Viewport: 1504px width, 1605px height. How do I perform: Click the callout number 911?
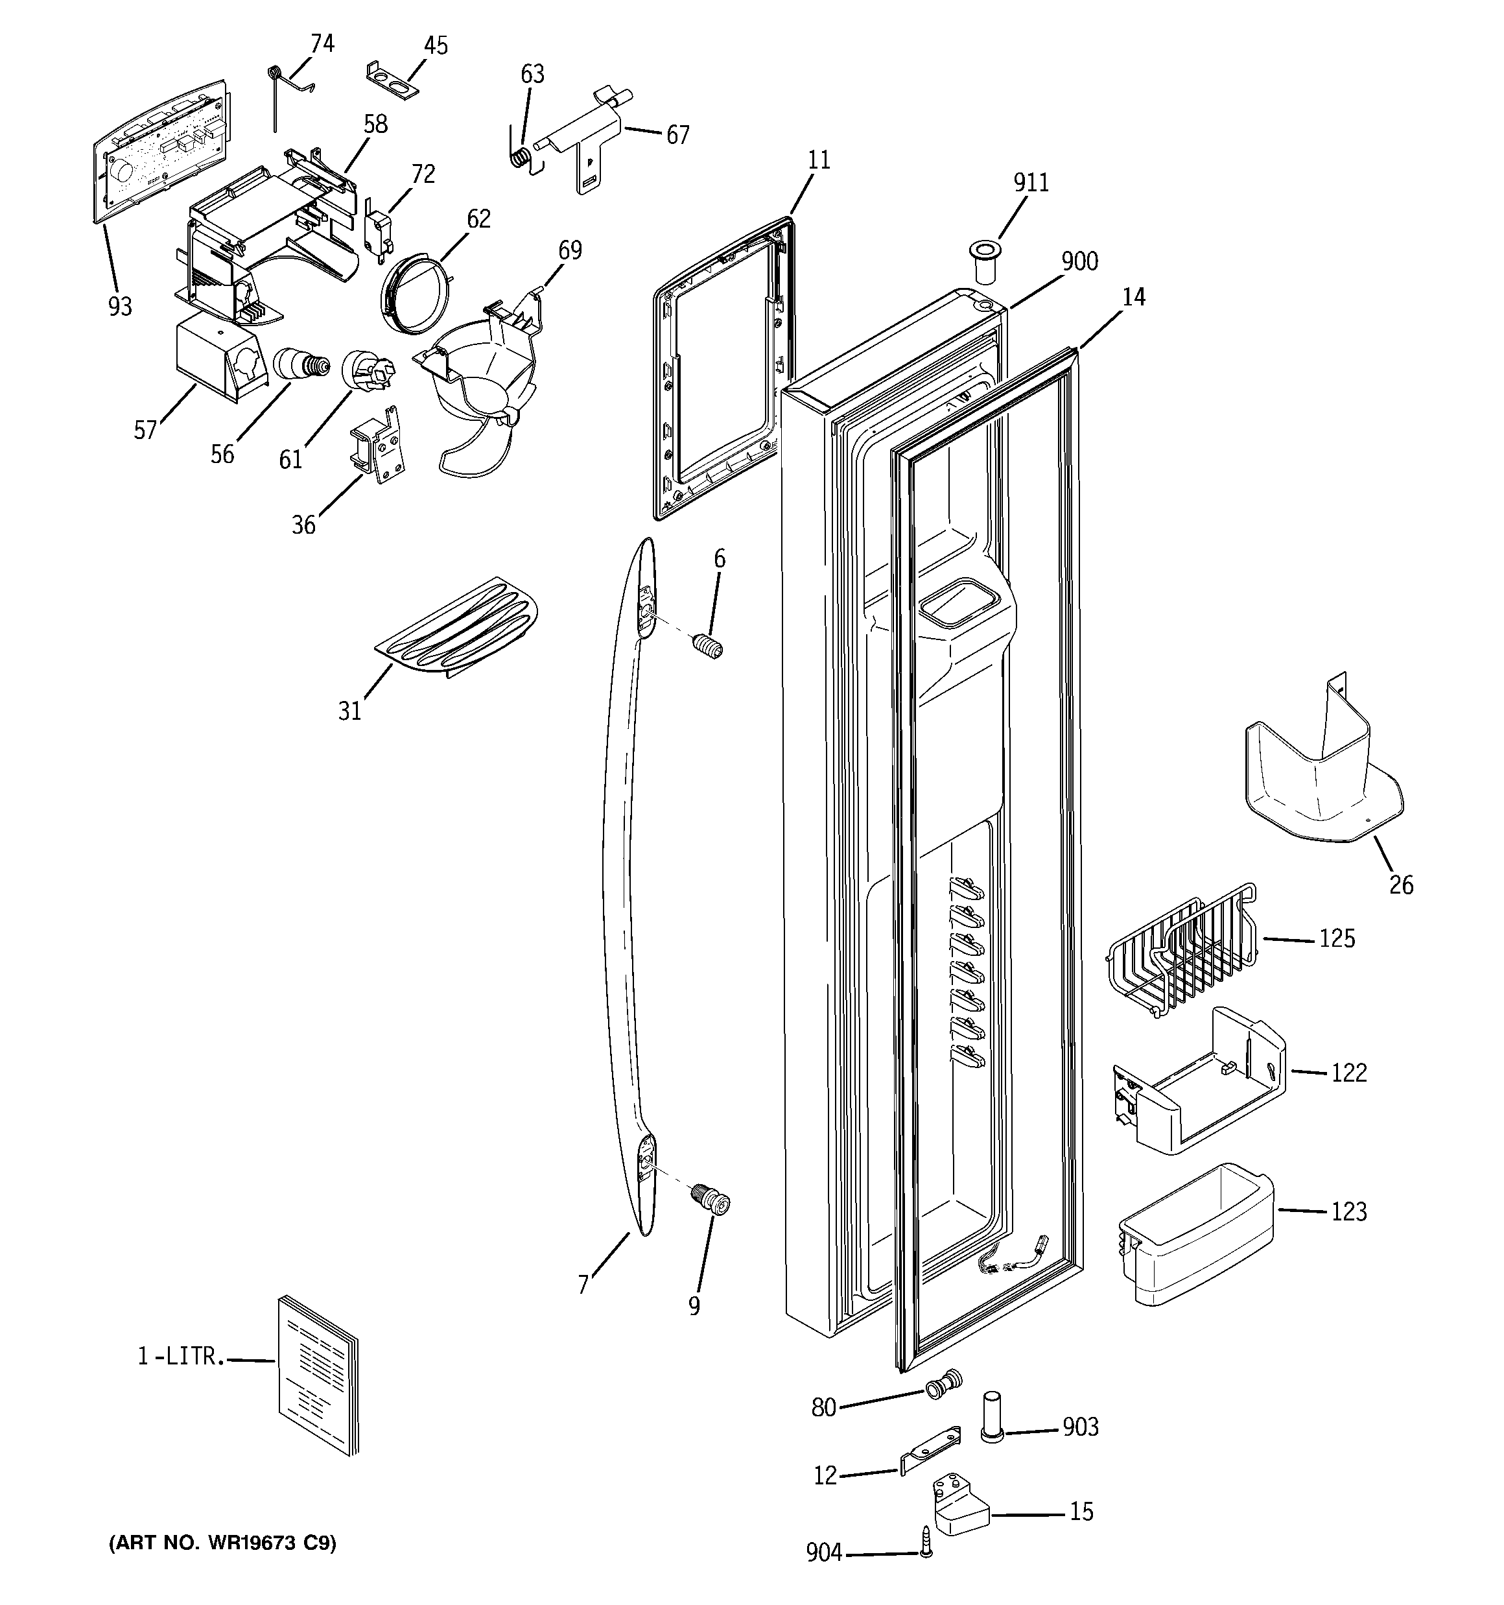(x=1031, y=184)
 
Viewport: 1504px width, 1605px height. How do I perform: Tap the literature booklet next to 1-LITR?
(x=317, y=1386)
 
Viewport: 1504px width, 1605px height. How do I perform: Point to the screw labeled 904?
(x=926, y=1551)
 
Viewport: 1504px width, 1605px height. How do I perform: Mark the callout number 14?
(x=1133, y=297)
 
